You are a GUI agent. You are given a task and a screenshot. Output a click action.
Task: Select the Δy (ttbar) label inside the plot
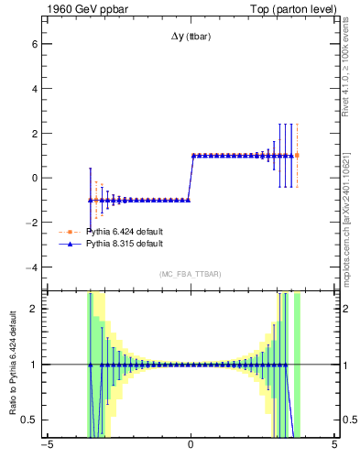pyautogui.click(x=191, y=38)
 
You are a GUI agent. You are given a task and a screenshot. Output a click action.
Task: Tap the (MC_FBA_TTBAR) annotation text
pyautogui.click(x=191, y=275)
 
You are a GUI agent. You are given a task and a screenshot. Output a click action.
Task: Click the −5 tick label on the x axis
pyautogui.click(x=46, y=448)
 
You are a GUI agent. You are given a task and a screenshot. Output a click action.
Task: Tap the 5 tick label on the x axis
pyautogui.click(x=334, y=448)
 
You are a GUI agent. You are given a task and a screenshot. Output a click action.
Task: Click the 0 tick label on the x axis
pyautogui.click(x=191, y=448)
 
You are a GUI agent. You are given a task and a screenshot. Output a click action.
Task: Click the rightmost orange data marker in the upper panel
pyautogui.click(x=297, y=155)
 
